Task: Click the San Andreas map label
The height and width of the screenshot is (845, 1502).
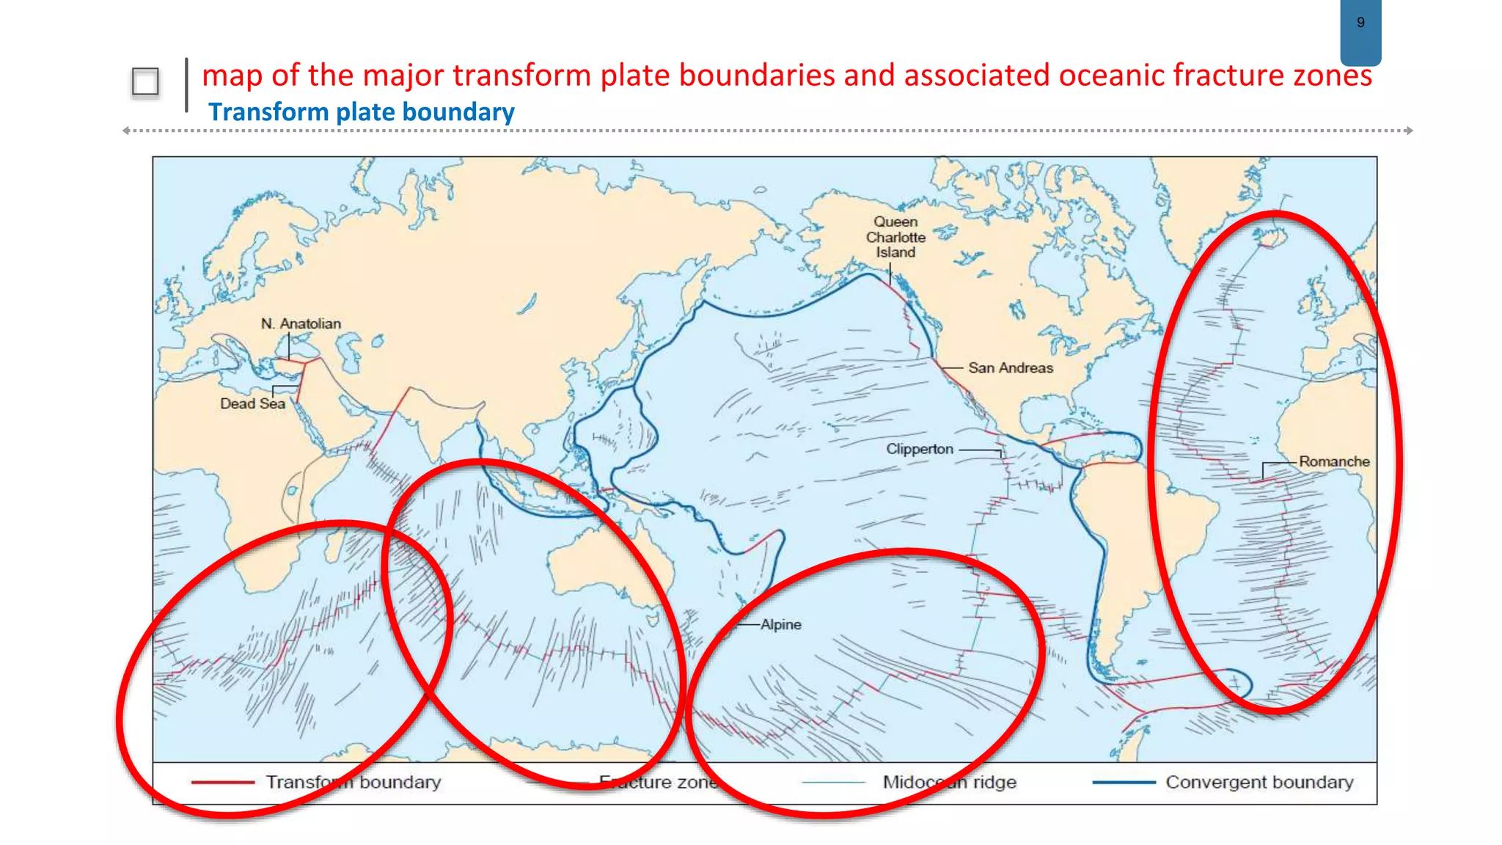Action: point(1010,367)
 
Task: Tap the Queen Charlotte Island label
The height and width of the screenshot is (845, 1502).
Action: point(895,237)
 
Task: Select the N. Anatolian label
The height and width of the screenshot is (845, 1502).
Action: point(301,323)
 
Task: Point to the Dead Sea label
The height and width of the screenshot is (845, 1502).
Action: point(252,403)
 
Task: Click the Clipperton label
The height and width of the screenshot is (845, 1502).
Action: point(920,449)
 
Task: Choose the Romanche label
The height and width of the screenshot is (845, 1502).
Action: point(1334,461)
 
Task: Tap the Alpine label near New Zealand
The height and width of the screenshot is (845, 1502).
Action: point(780,624)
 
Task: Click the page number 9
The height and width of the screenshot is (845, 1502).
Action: point(1360,23)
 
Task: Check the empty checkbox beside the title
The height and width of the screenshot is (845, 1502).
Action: point(145,81)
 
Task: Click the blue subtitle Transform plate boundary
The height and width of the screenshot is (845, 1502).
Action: point(361,112)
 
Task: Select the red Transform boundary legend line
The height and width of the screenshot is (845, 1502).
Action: point(222,783)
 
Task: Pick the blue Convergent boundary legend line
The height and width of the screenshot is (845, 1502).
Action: point(1124,783)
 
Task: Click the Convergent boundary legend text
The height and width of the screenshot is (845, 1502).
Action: point(1259,783)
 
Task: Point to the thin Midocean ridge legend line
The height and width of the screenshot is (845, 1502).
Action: point(834,783)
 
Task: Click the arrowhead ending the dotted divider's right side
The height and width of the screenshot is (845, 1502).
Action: point(1409,131)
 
